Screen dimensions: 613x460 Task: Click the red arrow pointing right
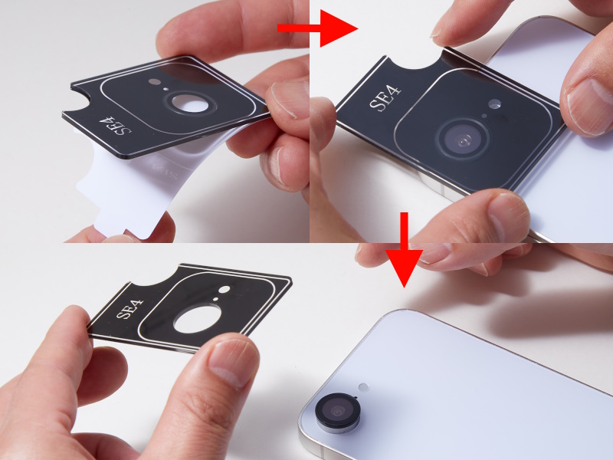(x=317, y=28)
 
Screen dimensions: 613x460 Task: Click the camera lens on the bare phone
(x=337, y=412)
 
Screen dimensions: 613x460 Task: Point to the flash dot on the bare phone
(x=364, y=387)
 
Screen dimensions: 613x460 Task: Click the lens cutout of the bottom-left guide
(x=197, y=319)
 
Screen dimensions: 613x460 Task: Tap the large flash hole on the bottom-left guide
(x=225, y=290)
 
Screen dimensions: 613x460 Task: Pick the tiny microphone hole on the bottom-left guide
(x=215, y=299)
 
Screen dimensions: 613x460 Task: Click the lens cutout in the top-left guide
(x=190, y=103)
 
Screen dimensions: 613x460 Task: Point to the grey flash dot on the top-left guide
(x=155, y=82)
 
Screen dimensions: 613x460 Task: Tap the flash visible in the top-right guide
(x=494, y=103)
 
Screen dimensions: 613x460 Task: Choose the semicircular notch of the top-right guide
(x=415, y=61)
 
